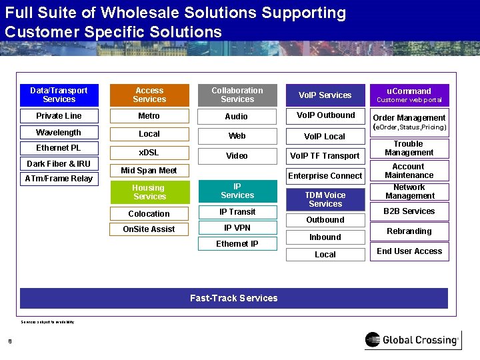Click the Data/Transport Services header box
pyautogui.click(x=59, y=95)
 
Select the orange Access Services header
pyautogui.click(x=149, y=95)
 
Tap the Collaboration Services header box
pyautogui.click(x=237, y=95)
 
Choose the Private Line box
pyautogui.click(x=59, y=116)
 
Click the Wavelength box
pyautogui.click(x=59, y=133)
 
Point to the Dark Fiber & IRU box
pyautogui.click(x=59, y=163)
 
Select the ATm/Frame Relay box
pyautogui.click(x=59, y=179)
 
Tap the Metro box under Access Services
pyautogui.click(x=149, y=116)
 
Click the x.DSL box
pyautogui.click(x=149, y=152)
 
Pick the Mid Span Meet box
pyautogui.click(x=149, y=171)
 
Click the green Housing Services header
pyautogui.click(x=149, y=192)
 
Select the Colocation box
pyautogui.click(x=149, y=214)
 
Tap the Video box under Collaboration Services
pyautogui.click(x=237, y=155)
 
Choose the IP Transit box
pyautogui.click(x=237, y=212)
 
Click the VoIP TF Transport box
pyautogui.click(x=325, y=156)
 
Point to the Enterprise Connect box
pyautogui.click(x=325, y=176)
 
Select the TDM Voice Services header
pyautogui.click(x=325, y=199)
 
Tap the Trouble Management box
pyautogui.click(x=409, y=148)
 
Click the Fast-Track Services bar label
pyautogui.click(x=234, y=298)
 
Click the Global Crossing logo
pyautogui.click(x=412, y=340)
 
